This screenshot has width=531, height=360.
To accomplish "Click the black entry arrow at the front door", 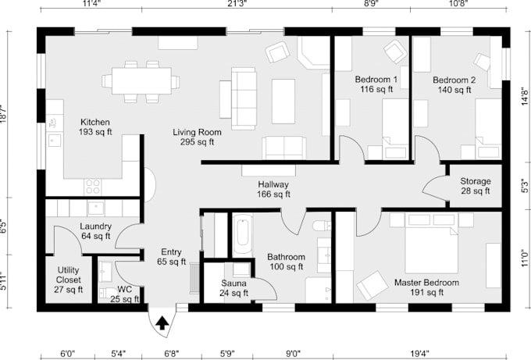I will point(163,321).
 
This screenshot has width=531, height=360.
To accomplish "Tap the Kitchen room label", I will point(94,127).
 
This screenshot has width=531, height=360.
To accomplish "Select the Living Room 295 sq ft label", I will point(194,137).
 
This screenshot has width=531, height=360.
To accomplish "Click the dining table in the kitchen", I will point(141,80).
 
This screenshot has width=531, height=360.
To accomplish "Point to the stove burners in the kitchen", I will point(93,187).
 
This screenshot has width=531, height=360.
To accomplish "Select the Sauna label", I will point(234,288).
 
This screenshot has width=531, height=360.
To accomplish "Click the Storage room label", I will point(475,186).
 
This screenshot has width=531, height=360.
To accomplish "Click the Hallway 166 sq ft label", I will point(274,189).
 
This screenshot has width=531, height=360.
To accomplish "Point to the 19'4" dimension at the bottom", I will point(425,353).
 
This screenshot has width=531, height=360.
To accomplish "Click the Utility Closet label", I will point(68,279).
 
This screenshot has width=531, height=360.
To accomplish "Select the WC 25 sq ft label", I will point(120,293).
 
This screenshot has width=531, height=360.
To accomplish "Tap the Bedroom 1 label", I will point(376,84).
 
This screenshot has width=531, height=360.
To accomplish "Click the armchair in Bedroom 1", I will point(394,52).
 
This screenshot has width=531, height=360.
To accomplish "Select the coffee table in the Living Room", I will point(283,102).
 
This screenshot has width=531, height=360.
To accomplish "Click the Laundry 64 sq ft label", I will point(95,231).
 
